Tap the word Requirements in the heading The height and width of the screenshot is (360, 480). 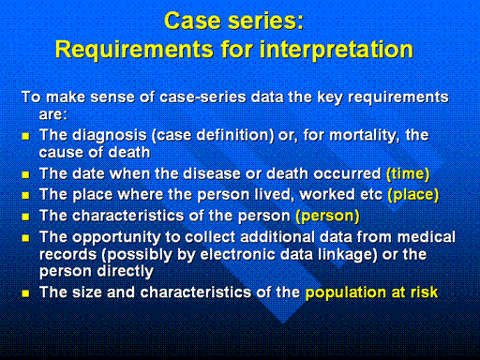tap(134, 50)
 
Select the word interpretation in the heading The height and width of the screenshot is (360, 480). tap(337, 50)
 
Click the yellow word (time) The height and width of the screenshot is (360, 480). tap(408, 173)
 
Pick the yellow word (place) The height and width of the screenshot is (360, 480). tap(413, 195)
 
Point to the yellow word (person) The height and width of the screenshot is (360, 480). tap(327, 216)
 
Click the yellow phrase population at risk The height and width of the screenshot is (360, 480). tap(371, 292)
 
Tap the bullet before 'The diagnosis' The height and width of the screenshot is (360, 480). tap(25, 136)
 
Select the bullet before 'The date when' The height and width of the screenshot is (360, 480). tap(25, 174)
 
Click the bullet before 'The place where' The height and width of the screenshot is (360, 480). tap(25, 196)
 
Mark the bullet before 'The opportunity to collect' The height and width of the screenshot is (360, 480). tap(25, 238)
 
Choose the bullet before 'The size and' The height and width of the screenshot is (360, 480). tap(25, 293)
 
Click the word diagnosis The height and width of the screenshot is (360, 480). tap(110, 136)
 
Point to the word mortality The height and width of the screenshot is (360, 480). tap(365, 136)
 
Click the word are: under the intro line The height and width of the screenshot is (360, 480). tap(53, 114)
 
